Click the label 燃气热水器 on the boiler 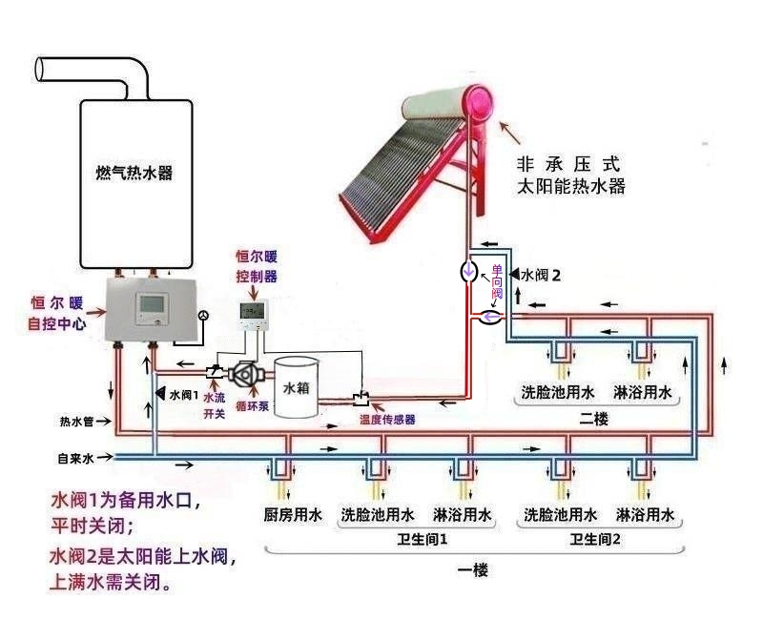click(140, 174)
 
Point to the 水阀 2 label click(540, 275)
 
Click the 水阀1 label click(182, 394)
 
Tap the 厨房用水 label click(293, 516)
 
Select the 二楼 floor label click(593, 419)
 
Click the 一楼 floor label click(472, 570)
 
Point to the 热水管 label click(75, 421)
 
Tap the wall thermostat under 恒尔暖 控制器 click(252, 314)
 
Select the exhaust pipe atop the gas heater click(95, 72)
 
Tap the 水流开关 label click(215, 404)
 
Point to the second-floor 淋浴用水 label click(643, 392)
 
